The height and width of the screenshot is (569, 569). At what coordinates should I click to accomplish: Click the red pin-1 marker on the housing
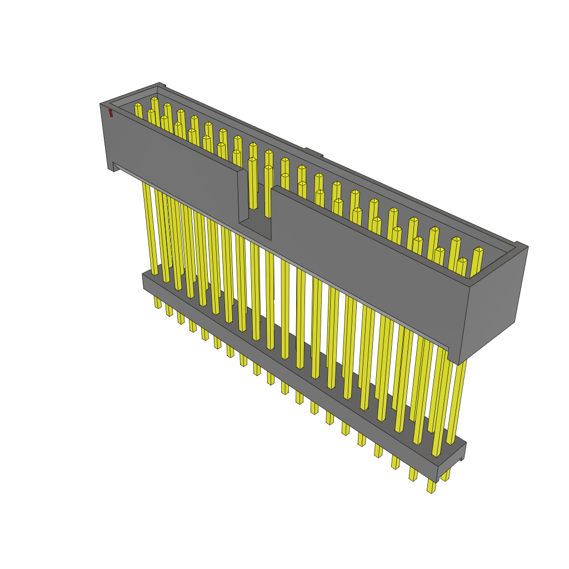[x=111, y=113]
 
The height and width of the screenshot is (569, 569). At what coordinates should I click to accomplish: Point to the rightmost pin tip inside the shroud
[x=478, y=250]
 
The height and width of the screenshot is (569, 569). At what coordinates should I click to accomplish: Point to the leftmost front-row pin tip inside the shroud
[x=138, y=106]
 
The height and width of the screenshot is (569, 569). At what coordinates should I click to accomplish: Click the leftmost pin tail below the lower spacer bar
[x=157, y=302]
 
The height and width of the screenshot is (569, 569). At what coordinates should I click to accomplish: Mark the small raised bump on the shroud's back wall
[x=313, y=152]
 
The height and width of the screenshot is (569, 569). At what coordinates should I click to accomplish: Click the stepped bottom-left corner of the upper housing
[x=113, y=167]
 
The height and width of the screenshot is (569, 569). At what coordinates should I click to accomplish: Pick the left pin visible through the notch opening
[x=253, y=183]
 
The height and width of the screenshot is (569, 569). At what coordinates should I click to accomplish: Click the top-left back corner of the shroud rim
[x=160, y=85]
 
